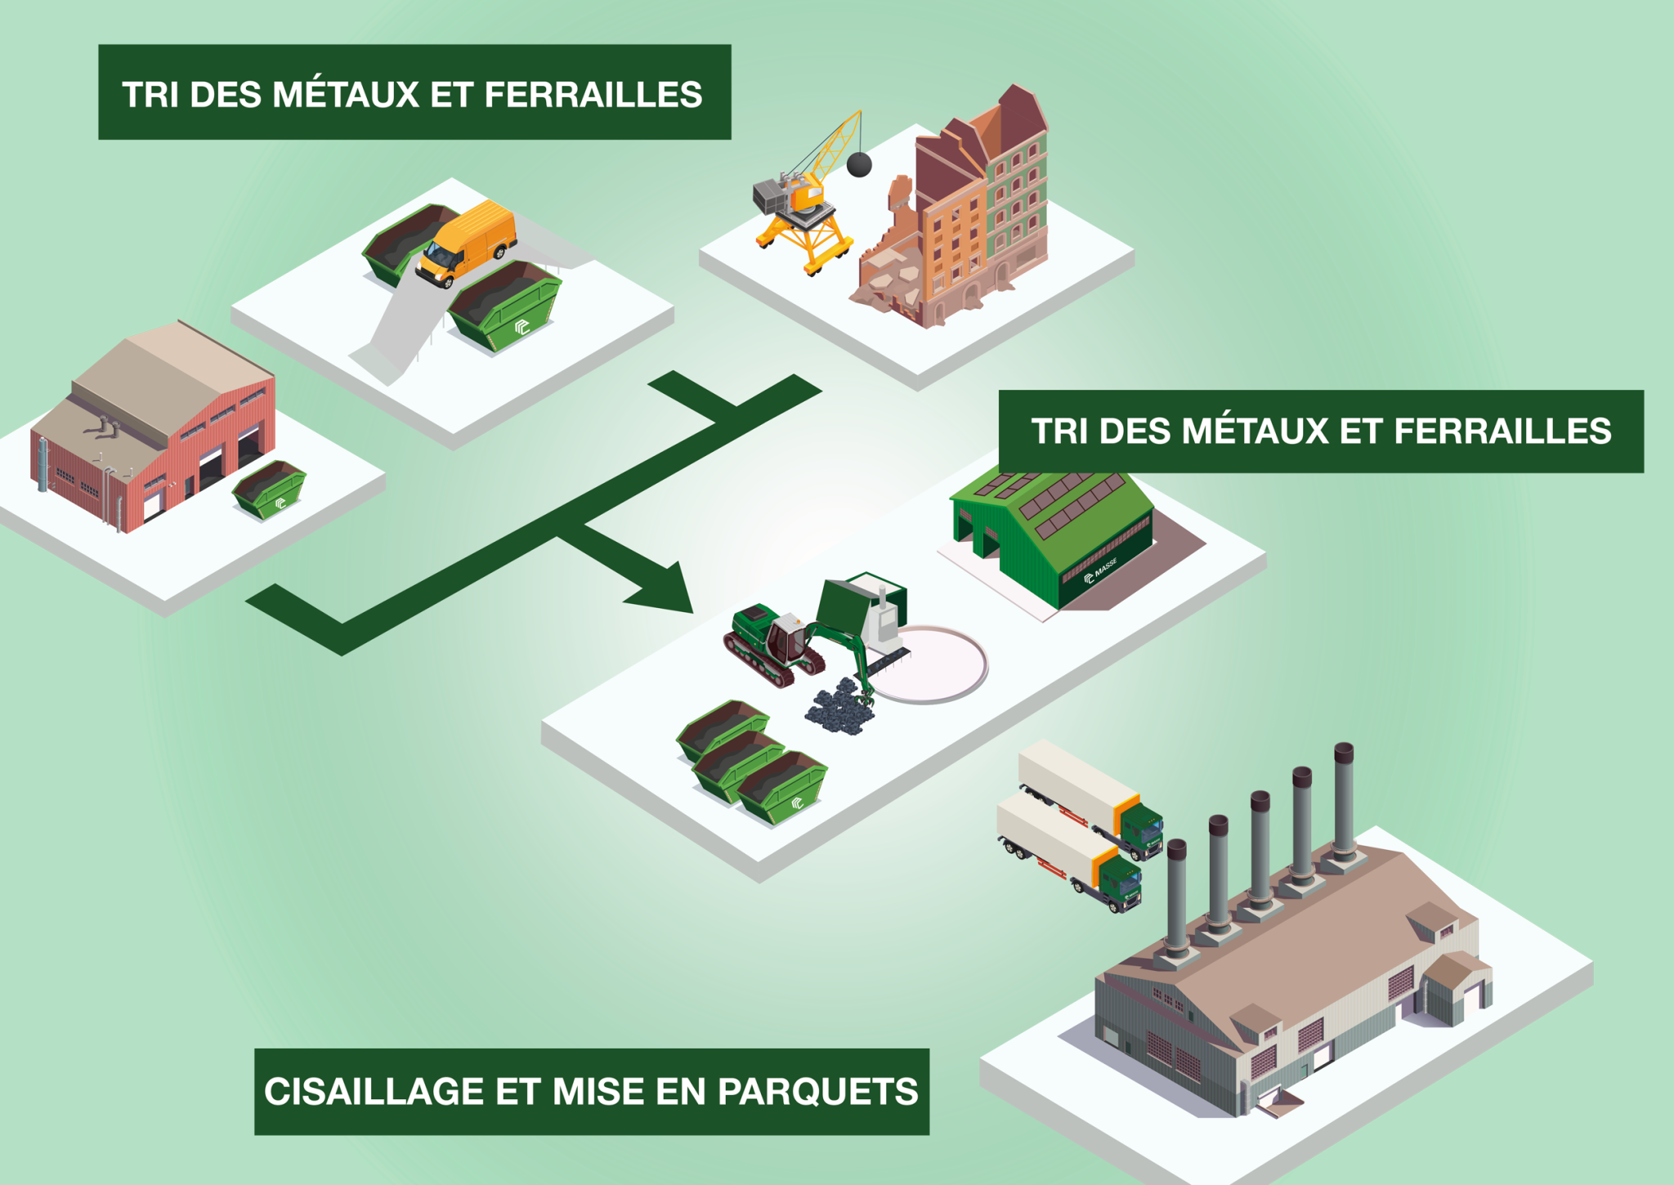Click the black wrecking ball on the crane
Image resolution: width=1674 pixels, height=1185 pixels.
click(x=858, y=164)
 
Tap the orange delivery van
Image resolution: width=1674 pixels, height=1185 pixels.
click(x=467, y=243)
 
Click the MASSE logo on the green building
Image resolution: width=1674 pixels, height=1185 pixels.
click(x=1100, y=571)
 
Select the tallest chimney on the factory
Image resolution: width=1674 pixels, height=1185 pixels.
click(x=1344, y=805)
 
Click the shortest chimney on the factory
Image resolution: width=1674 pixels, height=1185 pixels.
click(x=1176, y=899)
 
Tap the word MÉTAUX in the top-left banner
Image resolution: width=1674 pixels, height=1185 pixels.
click(x=346, y=94)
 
